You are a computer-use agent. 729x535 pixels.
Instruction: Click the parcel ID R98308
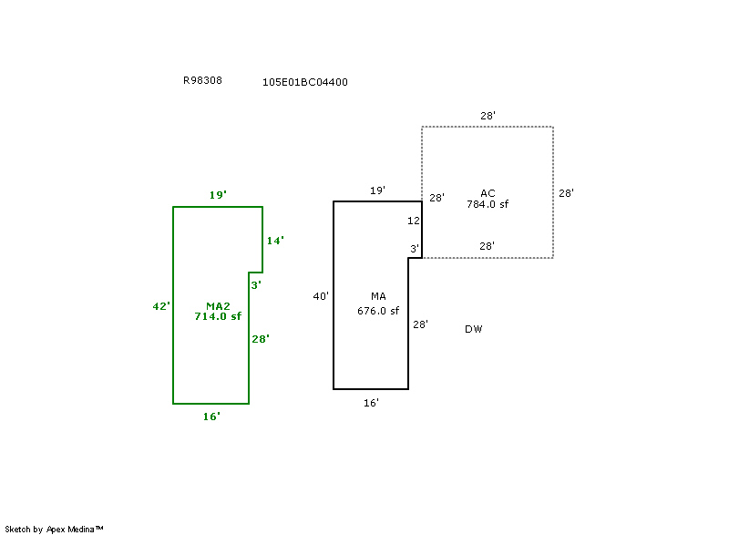tap(202, 80)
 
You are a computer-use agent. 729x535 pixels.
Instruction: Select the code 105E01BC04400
tap(304, 82)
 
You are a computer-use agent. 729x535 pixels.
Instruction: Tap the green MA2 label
tap(218, 306)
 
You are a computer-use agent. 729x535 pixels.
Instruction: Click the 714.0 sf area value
tap(218, 316)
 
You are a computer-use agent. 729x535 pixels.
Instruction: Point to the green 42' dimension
tap(161, 306)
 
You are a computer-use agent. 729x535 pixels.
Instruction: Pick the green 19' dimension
tap(218, 195)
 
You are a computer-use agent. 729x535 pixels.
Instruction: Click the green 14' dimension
tap(275, 241)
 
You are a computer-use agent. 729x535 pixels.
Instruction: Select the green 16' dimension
tap(211, 417)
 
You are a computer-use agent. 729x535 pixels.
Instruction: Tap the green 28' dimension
tap(261, 339)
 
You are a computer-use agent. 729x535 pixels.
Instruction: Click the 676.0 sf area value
tap(378, 311)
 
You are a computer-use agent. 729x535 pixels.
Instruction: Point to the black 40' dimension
tap(321, 296)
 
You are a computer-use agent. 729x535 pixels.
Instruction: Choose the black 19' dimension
tap(377, 190)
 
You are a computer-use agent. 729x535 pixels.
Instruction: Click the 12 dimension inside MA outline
tap(414, 221)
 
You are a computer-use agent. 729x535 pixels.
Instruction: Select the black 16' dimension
tap(371, 402)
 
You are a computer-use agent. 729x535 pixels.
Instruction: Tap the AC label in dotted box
tap(488, 193)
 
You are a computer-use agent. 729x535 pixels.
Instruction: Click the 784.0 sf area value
tap(488, 204)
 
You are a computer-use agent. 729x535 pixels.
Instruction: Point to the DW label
tap(473, 329)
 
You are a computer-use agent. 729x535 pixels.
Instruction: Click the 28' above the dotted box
tap(488, 116)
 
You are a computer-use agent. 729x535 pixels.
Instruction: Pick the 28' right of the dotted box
tap(566, 193)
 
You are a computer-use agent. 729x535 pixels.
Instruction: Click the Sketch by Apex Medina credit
tap(54, 529)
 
